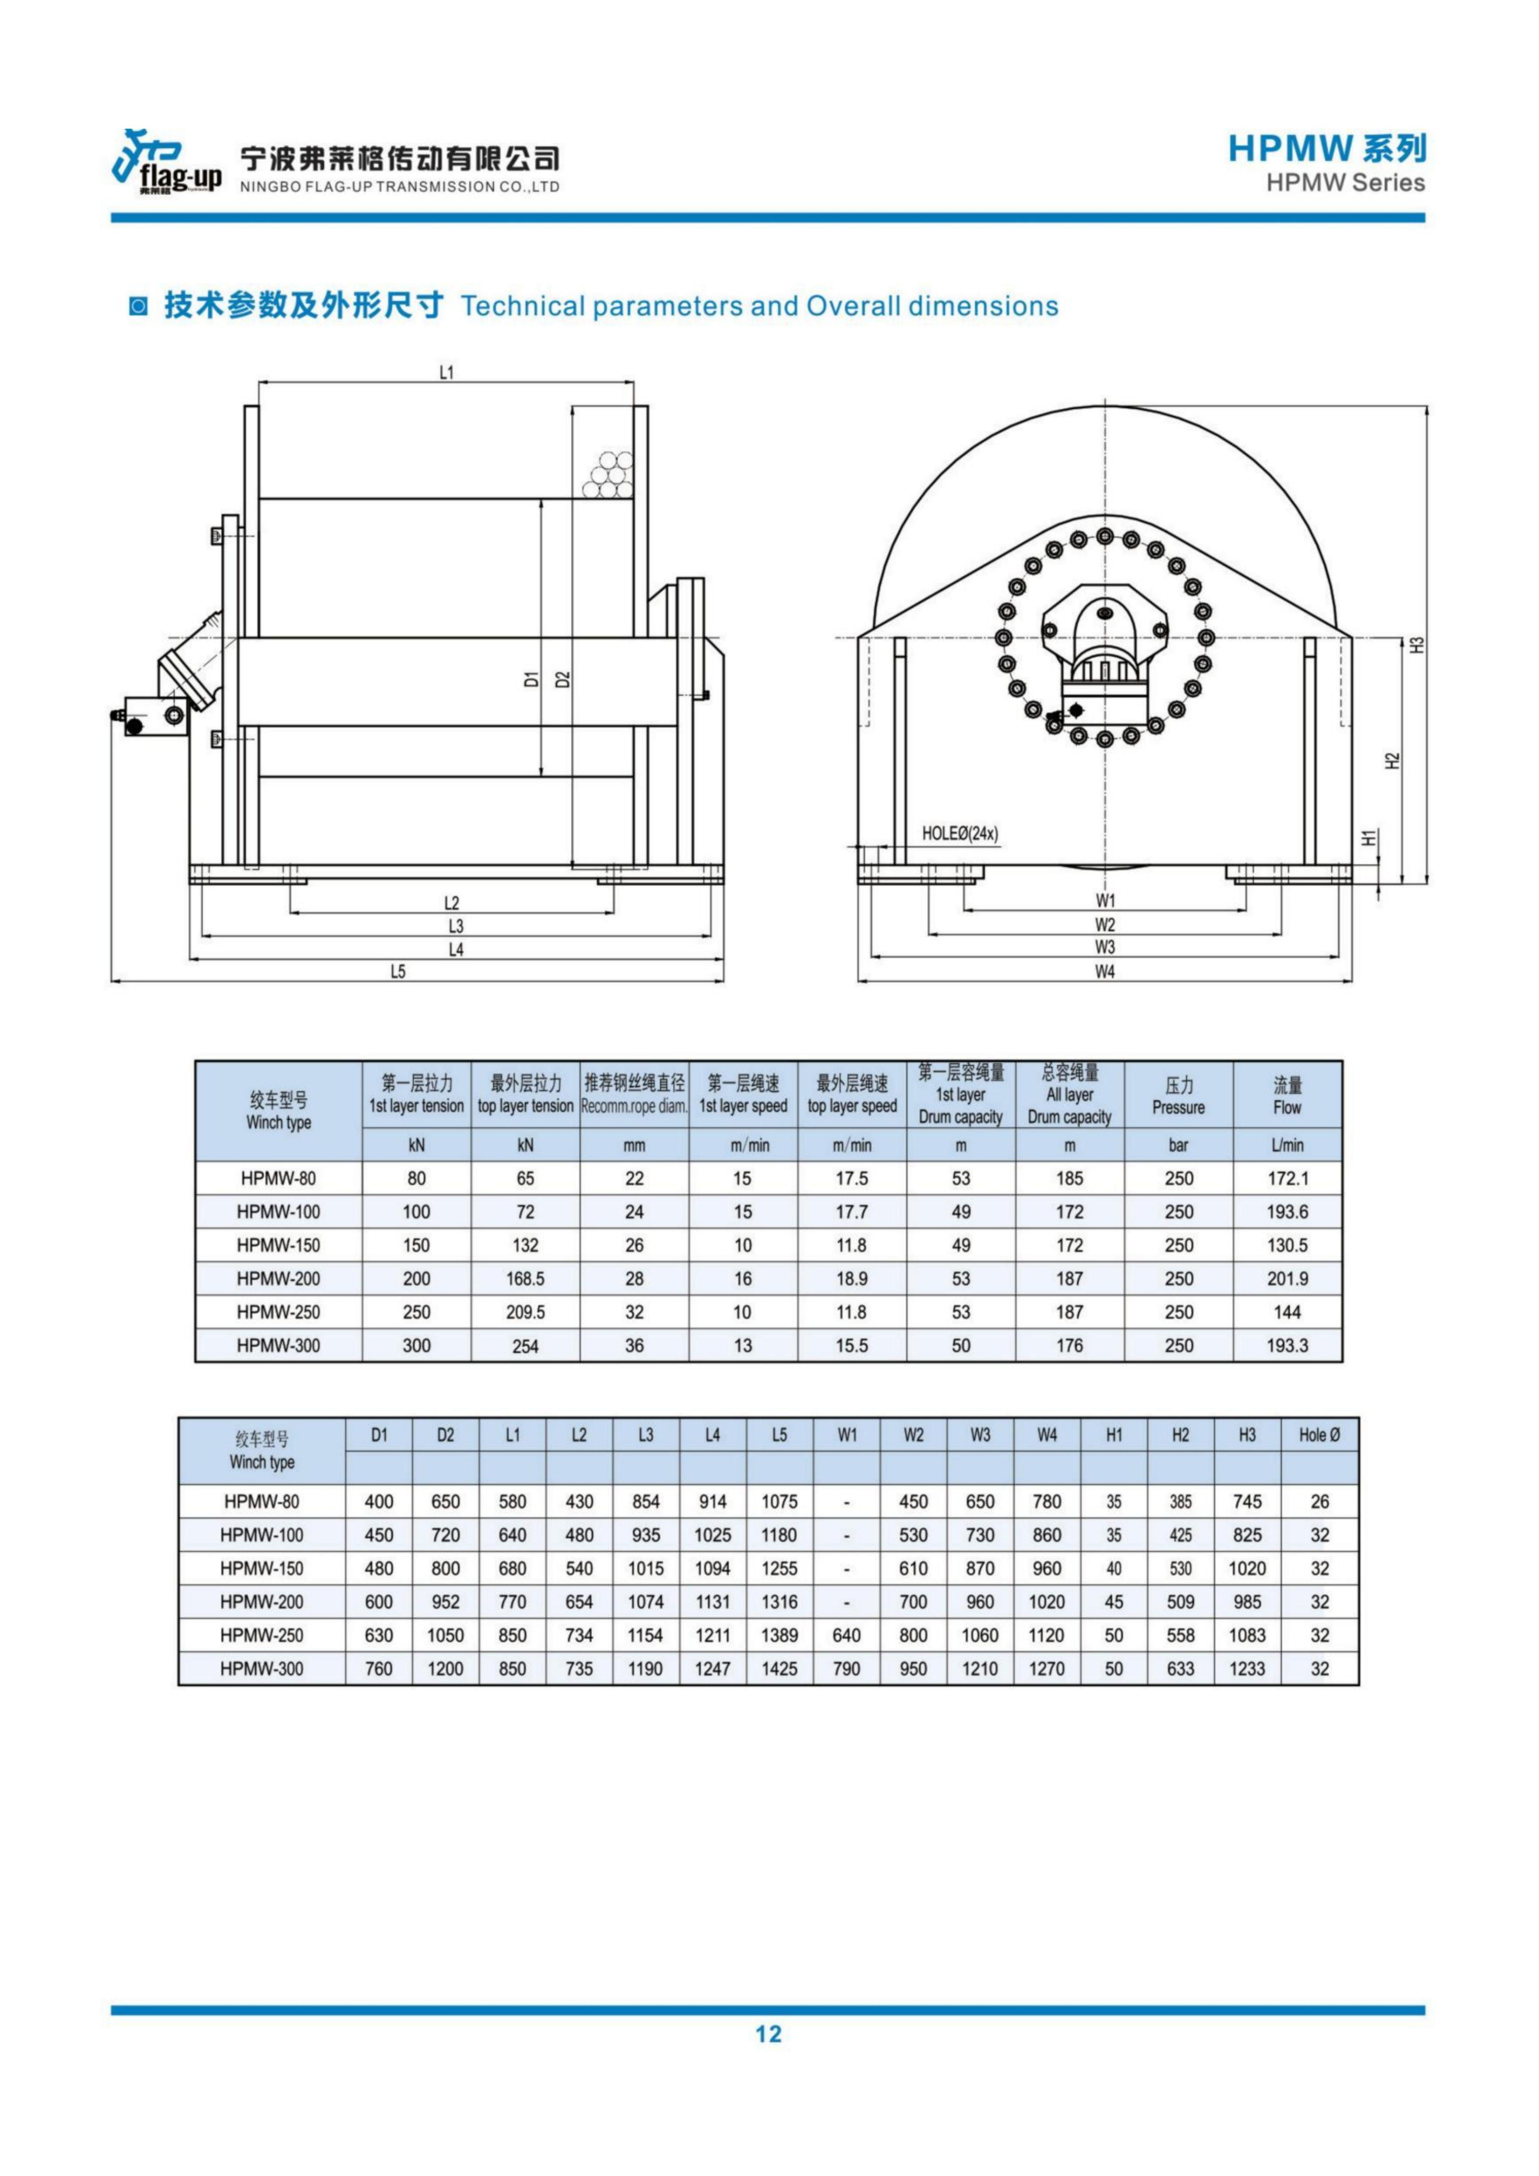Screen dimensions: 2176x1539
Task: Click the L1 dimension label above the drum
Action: click(446, 373)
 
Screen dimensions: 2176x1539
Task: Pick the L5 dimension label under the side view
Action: click(398, 972)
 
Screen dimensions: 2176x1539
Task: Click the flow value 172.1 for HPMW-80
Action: click(1287, 1178)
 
